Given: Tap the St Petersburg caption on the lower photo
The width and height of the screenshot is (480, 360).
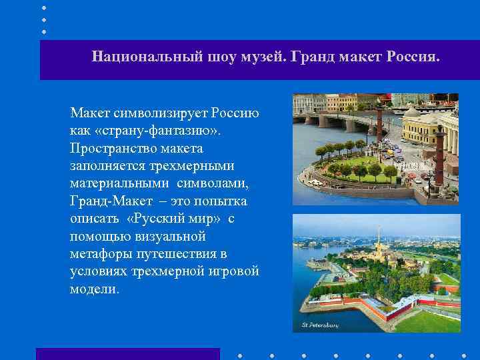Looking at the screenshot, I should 320,325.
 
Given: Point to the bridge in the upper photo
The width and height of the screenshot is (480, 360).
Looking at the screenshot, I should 333,121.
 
